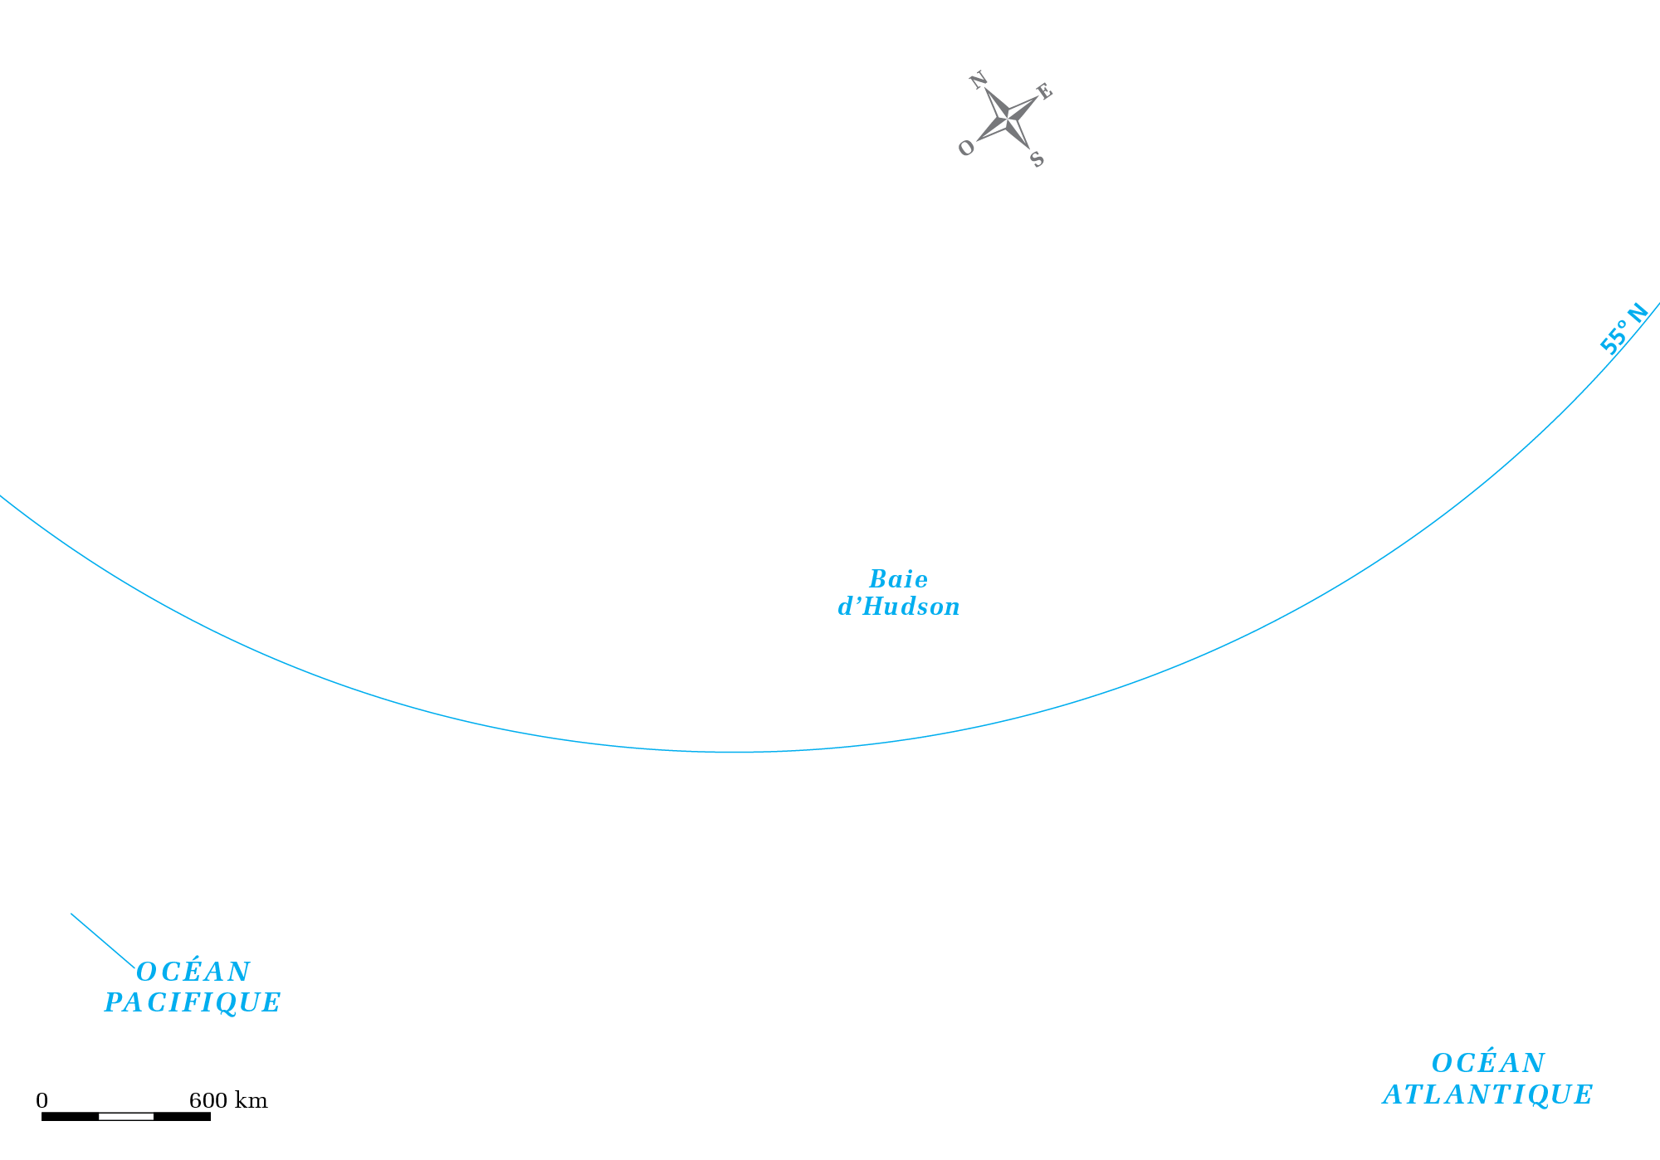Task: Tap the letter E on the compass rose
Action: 1044,91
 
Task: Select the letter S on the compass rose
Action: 1037,158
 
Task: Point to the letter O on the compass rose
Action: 966,148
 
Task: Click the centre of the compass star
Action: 1008,119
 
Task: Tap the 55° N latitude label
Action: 1623,329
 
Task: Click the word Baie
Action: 898,579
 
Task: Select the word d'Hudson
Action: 899,607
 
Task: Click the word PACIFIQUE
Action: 193,1002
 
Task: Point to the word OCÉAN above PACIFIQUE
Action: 193,971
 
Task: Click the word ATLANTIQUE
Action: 1487,1094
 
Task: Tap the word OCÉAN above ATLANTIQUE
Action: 1488,1062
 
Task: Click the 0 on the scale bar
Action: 41,1100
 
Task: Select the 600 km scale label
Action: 228,1100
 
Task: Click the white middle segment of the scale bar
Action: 126,1116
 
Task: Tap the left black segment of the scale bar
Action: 70,1116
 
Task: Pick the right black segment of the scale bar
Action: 183,1116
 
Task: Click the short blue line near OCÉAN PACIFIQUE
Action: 103,940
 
